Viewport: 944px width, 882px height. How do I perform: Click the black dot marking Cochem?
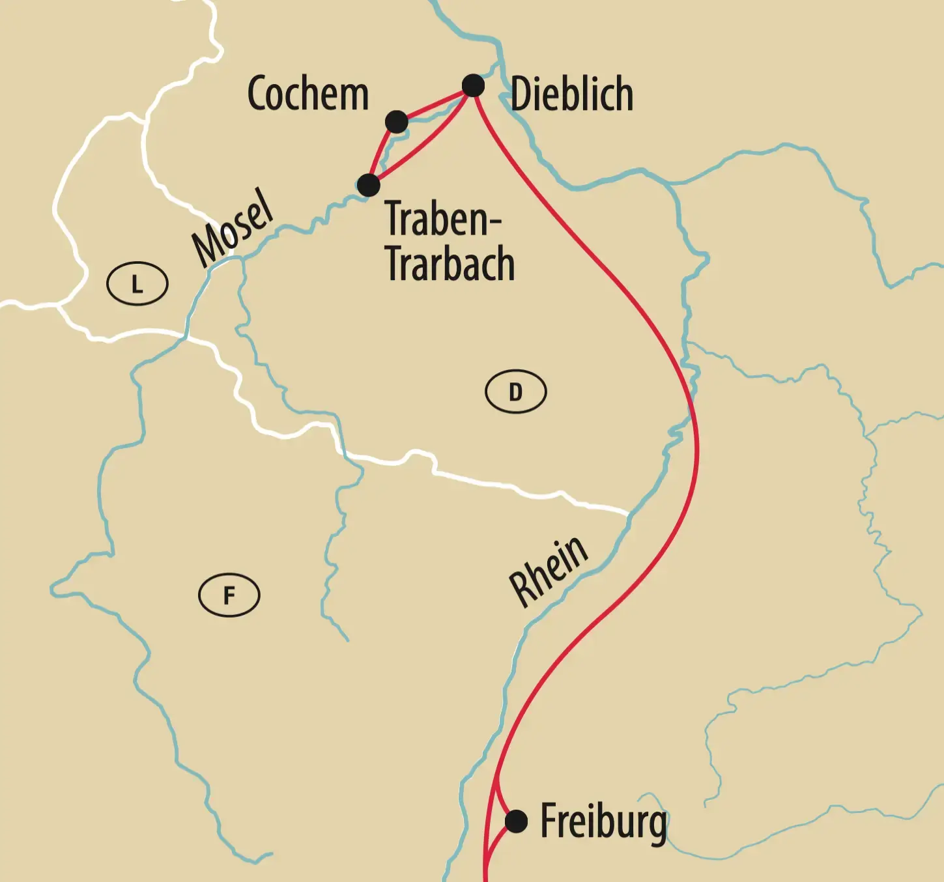[x=396, y=121]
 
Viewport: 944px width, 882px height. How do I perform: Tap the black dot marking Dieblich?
[x=473, y=85]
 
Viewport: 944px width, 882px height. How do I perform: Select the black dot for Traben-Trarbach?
[x=369, y=185]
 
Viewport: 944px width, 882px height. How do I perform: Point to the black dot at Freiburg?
[x=516, y=821]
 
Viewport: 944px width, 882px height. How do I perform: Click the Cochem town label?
[x=308, y=94]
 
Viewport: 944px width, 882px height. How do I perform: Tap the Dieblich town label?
[x=571, y=95]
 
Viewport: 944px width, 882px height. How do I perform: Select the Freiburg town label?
[x=604, y=822]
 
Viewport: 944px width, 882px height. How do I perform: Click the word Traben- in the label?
[x=443, y=219]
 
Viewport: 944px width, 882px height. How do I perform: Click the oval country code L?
[x=137, y=284]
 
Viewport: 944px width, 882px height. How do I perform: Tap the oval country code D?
[x=515, y=392]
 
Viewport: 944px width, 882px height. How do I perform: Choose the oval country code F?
[x=229, y=595]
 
